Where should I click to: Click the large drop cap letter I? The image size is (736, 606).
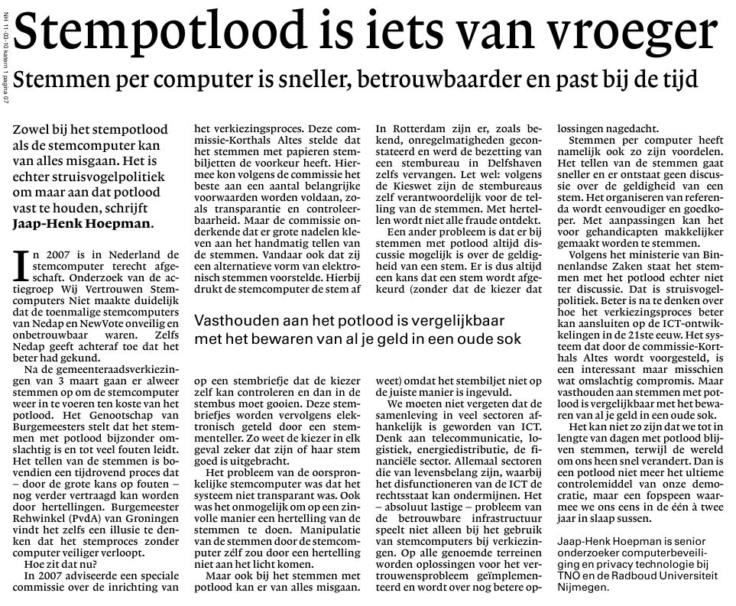tap(22, 267)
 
